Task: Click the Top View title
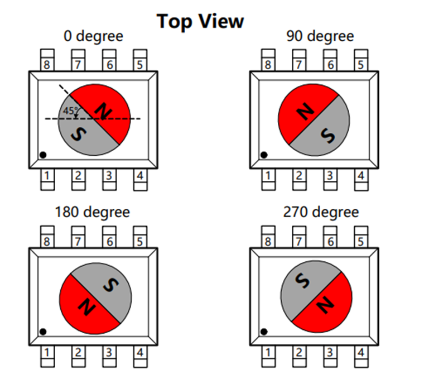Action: point(200,21)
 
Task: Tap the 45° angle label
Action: point(71,111)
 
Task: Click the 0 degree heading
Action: point(94,37)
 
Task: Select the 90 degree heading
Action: point(320,37)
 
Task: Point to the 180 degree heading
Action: point(92,212)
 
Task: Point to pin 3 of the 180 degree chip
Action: point(109,353)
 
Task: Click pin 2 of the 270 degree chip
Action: point(299,353)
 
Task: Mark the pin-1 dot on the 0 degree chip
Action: point(44,155)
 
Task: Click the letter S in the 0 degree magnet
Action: point(80,135)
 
